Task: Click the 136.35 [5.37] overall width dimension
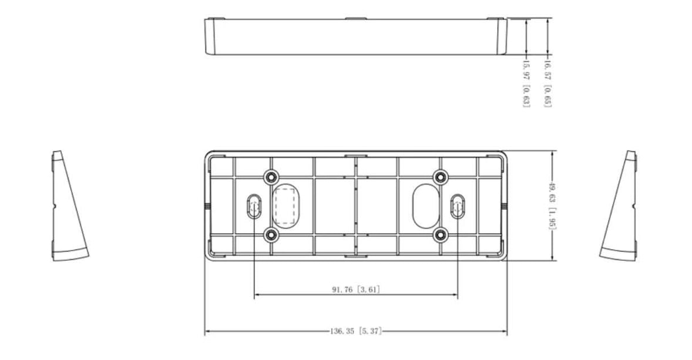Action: (x=356, y=332)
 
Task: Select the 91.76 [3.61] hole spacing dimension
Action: (x=356, y=290)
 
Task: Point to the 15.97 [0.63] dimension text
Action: (x=526, y=85)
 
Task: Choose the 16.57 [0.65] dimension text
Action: (x=547, y=85)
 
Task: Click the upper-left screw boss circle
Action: (x=271, y=177)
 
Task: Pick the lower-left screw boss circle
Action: (x=271, y=235)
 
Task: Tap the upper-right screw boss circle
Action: (x=440, y=177)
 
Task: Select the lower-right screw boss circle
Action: (x=440, y=235)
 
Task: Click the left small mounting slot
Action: (x=254, y=206)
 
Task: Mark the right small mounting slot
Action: (x=457, y=206)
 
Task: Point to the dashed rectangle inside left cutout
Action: (x=285, y=206)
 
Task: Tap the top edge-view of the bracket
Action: (x=356, y=36)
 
